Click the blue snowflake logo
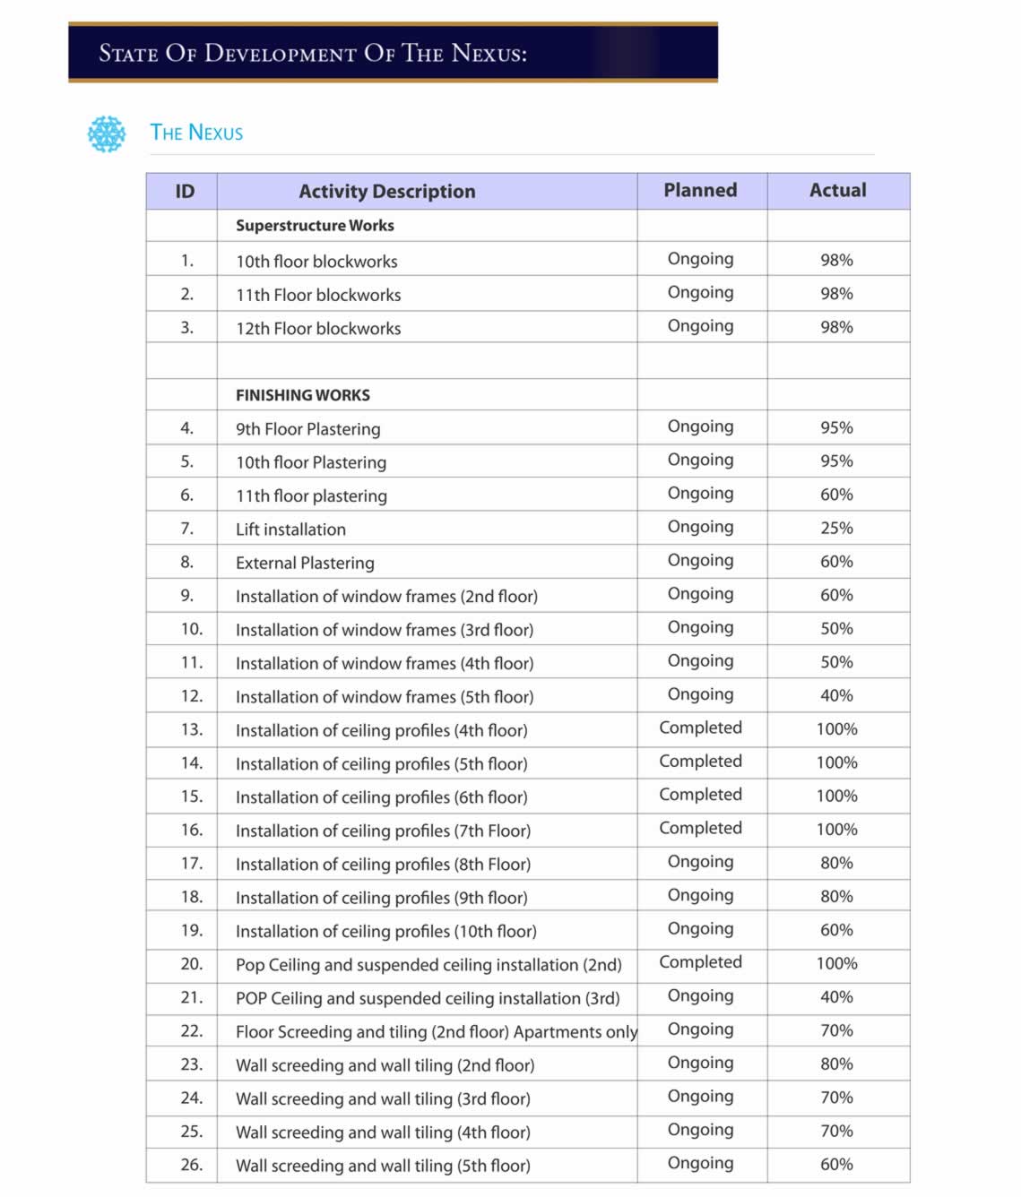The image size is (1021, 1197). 107,133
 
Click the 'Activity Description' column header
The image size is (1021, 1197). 386,191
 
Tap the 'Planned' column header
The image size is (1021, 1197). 700,190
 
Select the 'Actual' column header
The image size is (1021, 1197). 837,190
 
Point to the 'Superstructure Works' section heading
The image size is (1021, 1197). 315,226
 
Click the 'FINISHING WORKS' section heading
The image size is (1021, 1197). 302,395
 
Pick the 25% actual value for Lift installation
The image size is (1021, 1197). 836,529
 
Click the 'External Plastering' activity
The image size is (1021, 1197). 305,563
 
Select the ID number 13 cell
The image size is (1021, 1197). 191,729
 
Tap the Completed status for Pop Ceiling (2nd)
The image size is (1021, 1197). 700,962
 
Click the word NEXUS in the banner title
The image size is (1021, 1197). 489,53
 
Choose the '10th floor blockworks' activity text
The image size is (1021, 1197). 316,262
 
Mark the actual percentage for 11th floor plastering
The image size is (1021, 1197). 836,495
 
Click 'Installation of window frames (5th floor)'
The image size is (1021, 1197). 384,697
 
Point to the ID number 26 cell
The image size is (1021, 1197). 191,1165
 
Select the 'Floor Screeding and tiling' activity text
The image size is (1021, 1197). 436,1032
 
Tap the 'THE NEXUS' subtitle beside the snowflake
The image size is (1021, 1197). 196,133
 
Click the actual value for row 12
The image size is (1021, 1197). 836,695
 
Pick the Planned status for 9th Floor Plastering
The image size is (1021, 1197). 700,426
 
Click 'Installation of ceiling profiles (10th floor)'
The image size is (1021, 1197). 385,932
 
